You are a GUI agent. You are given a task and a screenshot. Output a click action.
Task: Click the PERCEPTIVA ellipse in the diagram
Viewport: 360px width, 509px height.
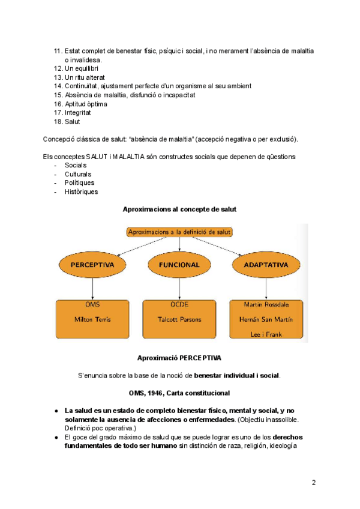coord(92,265)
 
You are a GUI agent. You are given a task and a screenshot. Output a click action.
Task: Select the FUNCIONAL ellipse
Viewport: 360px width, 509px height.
coord(179,265)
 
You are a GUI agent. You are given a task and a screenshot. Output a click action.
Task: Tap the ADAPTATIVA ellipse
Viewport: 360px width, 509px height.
coord(266,265)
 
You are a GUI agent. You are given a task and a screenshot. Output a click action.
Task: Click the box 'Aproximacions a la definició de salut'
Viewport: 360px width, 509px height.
coord(179,232)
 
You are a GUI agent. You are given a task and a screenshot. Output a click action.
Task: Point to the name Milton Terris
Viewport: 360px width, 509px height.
coord(92,319)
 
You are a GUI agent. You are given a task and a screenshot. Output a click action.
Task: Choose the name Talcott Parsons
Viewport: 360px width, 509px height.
coord(179,319)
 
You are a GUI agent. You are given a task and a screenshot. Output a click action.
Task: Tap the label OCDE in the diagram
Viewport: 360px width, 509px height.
coord(179,304)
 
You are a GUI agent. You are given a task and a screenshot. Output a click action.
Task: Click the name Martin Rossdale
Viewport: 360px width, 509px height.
coord(266,304)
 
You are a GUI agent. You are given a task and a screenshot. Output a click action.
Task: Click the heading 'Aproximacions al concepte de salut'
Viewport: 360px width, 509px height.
coord(179,209)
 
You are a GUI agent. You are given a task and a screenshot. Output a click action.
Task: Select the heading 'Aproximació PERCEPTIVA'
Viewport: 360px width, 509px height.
coord(179,358)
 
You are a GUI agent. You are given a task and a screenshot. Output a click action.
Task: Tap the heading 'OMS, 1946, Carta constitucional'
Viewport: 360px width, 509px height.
coord(179,393)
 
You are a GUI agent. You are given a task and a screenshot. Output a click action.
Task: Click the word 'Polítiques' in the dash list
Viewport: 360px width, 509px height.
coord(79,183)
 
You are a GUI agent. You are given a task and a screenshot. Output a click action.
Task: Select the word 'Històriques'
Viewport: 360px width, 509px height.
coord(81,192)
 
